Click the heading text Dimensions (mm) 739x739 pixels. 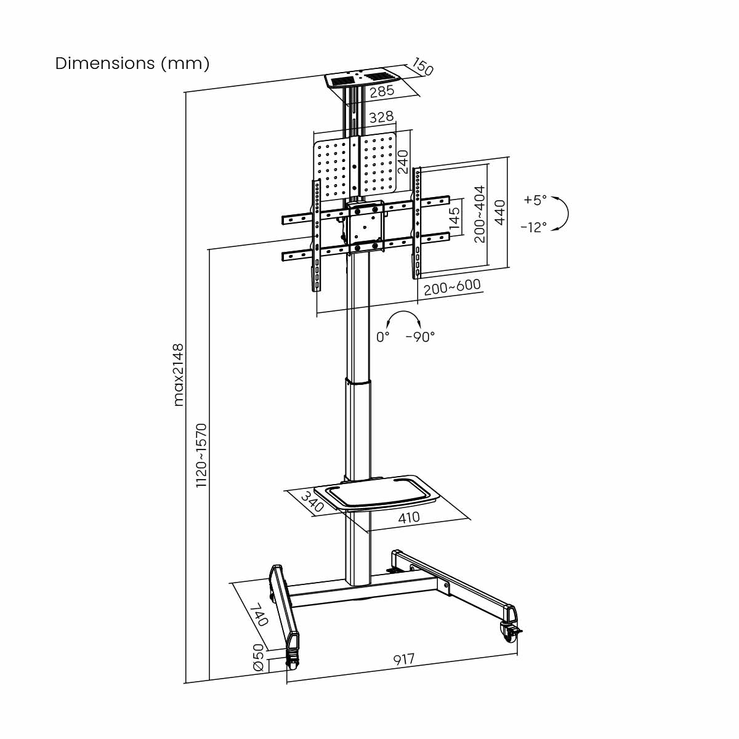pyautogui.click(x=132, y=63)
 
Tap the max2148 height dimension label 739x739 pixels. pyautogui.click(x=178, y=374)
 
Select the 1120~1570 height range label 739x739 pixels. pyautogui.click(x=201, y=455)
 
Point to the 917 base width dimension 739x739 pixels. pyautogui.click(x=404, y=660)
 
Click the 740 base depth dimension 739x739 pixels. pyautogui.click(x=259, y=614)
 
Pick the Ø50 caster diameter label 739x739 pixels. pyautogui.click(x=259, y=658)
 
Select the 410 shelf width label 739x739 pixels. pyautogui.click(x=408, y=518)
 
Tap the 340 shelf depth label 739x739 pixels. pyautogui.click(x=313, y=502)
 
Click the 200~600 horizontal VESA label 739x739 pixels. pyautogui.click(x=452, y=287)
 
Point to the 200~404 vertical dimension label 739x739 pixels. pyautogui.click(x=480, y=214)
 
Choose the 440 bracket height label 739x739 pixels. pyautogui.click(x=500, y=212)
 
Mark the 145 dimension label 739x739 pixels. pyautogui.click(x=454, y=219)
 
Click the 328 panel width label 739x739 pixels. pyautogui.click(x=381, y=117)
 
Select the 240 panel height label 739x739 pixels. pyautogui.click(x=403, y=161)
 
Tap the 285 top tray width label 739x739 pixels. pyautogui.click(x=382, y=91)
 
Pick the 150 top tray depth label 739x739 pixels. pyautogui.click(x=422, y=67)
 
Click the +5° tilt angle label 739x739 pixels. pyautogui.click(x=535, y=200)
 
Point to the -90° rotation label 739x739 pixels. pyautogui.click(x=420, y=337)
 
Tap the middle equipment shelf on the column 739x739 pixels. pyautogui.click(x=377, y=493)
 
